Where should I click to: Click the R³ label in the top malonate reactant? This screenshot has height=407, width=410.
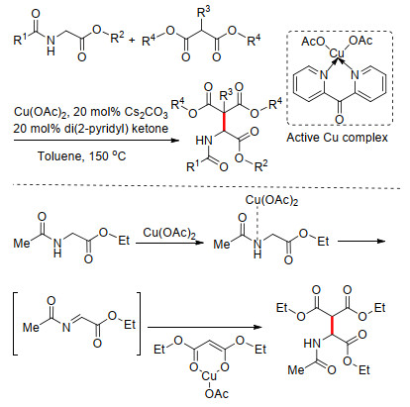click(203, 13)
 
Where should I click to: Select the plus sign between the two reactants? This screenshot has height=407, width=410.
click(132, 41)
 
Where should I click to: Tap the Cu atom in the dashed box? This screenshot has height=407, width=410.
click(337, 52)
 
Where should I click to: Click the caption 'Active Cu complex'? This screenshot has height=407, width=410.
click(337, 138)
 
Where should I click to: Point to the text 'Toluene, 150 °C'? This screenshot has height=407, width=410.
click(82, 155)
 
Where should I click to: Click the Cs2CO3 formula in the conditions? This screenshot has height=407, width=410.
click(147, 113)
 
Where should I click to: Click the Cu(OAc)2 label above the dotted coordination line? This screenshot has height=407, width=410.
click(271, 200)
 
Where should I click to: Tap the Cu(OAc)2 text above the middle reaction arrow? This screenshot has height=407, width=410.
click(169, 233)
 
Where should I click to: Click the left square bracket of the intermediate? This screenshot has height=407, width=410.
click(15, 324)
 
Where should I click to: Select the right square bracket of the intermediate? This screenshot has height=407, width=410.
click(138, 324)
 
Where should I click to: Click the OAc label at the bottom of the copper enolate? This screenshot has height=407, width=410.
click(217, 393)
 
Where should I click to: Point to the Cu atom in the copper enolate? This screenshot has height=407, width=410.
click(209, 376)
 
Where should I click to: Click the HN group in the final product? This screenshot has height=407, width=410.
click(312, 344)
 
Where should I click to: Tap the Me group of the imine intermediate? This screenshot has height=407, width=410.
click(32, 327)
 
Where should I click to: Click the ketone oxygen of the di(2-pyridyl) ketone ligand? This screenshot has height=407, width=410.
click(339, 119)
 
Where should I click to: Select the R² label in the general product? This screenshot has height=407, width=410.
click(260, 166)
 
